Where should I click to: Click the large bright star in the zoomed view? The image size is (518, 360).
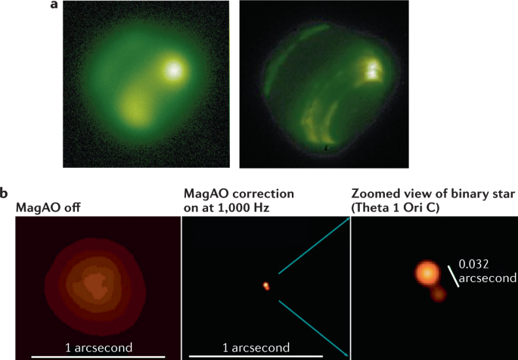click(427, 274)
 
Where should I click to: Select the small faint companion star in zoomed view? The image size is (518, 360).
click(436, 293)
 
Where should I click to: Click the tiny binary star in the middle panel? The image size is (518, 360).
click(266, 286)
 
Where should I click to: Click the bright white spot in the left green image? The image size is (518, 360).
click(174, 70)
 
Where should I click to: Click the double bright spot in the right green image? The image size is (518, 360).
click(372, 70)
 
